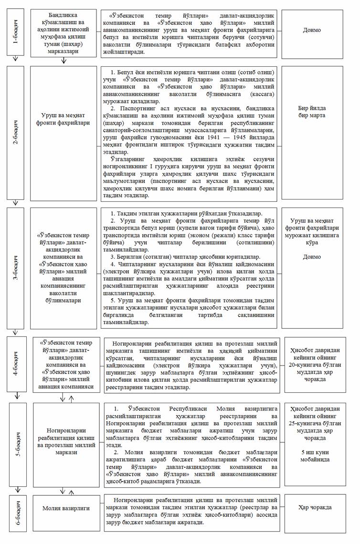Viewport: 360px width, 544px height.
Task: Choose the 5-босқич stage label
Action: pos(17,444)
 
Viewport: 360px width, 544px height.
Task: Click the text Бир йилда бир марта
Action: pos(312,112)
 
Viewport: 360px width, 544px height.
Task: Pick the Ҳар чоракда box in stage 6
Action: pos(312,508)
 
